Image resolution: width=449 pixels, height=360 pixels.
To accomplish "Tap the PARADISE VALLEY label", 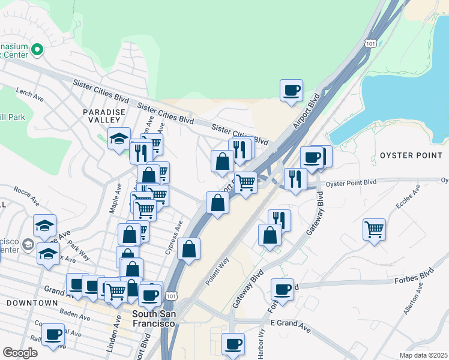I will click(104, 116).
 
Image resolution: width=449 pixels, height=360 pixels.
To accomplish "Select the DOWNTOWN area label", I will click(31, 303).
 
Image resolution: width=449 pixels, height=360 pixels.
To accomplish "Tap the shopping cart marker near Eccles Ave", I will click(374, 229).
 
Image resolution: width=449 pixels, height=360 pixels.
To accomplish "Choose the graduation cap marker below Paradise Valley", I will click(119, 139).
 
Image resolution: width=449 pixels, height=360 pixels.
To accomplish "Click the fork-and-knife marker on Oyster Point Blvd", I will click(295, 178).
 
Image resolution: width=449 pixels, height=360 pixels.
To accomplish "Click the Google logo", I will click(20, 353).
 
